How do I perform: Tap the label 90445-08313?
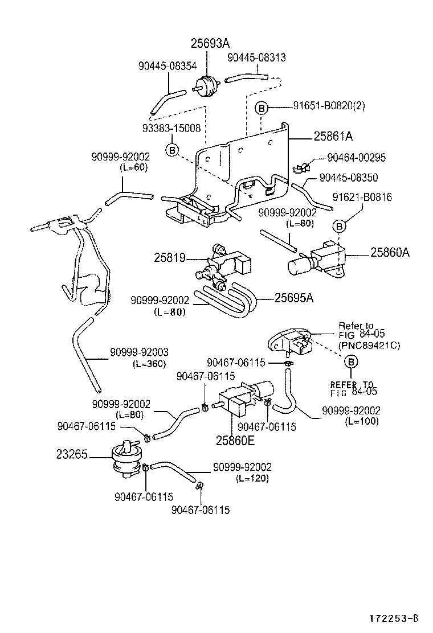coord(256,57)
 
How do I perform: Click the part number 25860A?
coord(390,252)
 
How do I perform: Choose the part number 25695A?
coord(294,297)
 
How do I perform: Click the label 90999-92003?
coord(140,353)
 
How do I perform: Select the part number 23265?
coord(72,454)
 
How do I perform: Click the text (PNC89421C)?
coord(369,345)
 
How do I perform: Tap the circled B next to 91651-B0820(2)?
coord(261,108)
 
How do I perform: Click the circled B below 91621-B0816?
coord(339,227)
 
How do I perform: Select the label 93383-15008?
coord(172,129)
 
